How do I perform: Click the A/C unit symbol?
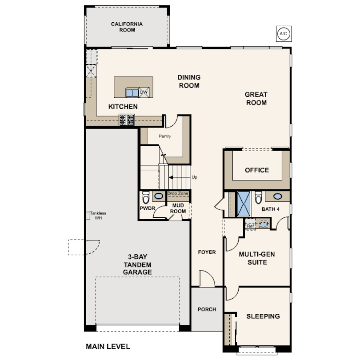coord(284,34)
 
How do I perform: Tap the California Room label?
coord(127,27)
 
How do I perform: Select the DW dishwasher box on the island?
coord(144,92)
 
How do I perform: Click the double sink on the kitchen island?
coord(132,92)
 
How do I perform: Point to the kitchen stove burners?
coord(127,120)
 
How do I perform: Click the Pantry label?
coord(165,136)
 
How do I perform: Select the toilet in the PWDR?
coord(146,197)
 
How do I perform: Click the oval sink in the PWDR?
coord(159,196)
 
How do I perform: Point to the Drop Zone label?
coord(178,193)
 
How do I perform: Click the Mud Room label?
coord(178,208)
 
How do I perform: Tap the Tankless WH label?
coord(98,216)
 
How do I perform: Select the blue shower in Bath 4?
coord(244,204)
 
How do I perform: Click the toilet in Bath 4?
coord(259,197)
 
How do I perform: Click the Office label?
coord(257,170)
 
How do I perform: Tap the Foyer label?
coord(207,252)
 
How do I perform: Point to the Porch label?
coord(207,309)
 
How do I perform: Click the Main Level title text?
coord(108,347)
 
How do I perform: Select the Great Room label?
coord(256,99)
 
